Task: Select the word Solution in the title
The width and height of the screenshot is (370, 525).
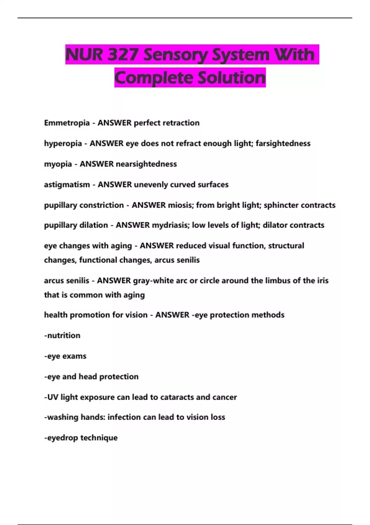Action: (231, 78)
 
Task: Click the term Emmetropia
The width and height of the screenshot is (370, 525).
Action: (67, 123)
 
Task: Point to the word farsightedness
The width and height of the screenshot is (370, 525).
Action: (283, 143)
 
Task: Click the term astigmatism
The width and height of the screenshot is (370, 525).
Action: (67, 185)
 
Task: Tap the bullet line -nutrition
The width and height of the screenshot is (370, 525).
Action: (62, 335)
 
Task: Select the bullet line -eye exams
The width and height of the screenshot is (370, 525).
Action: (65, 356)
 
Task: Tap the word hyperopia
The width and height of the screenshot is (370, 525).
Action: (63, 144)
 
